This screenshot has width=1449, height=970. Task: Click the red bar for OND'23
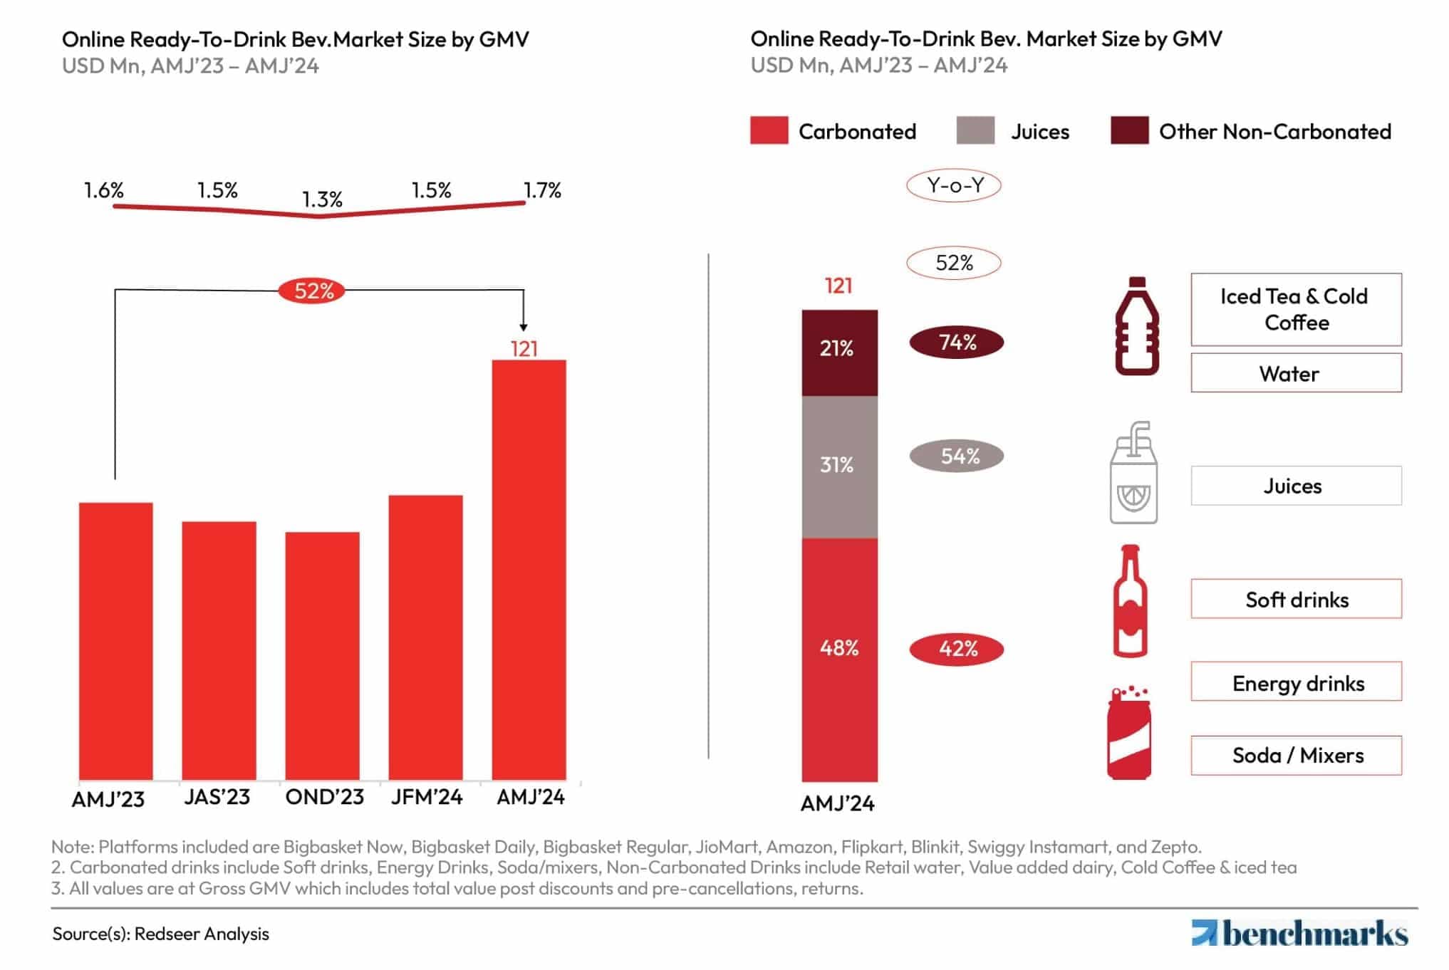[322, 655]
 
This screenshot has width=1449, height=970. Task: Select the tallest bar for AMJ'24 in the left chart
[529, 570]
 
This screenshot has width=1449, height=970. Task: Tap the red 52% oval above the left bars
[312, 291]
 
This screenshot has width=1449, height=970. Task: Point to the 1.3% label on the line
[322, 199]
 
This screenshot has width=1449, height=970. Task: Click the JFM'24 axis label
[426, 796]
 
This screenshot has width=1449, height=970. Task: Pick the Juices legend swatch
[975, 131]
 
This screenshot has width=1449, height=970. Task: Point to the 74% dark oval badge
[956, 343]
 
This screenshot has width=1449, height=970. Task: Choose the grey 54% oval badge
[956, 456]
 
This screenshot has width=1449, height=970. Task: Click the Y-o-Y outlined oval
[954, 186]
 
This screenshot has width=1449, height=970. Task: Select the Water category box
[1295, 373]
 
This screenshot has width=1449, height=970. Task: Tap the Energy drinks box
[1295, 682]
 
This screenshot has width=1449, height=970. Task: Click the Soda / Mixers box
[1295, 755]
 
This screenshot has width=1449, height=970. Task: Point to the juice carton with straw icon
[1133, 473]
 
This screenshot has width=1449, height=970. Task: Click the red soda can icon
[1128, 734]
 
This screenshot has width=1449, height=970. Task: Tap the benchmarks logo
[1299, 933]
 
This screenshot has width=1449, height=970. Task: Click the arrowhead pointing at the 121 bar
[524, 327]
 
